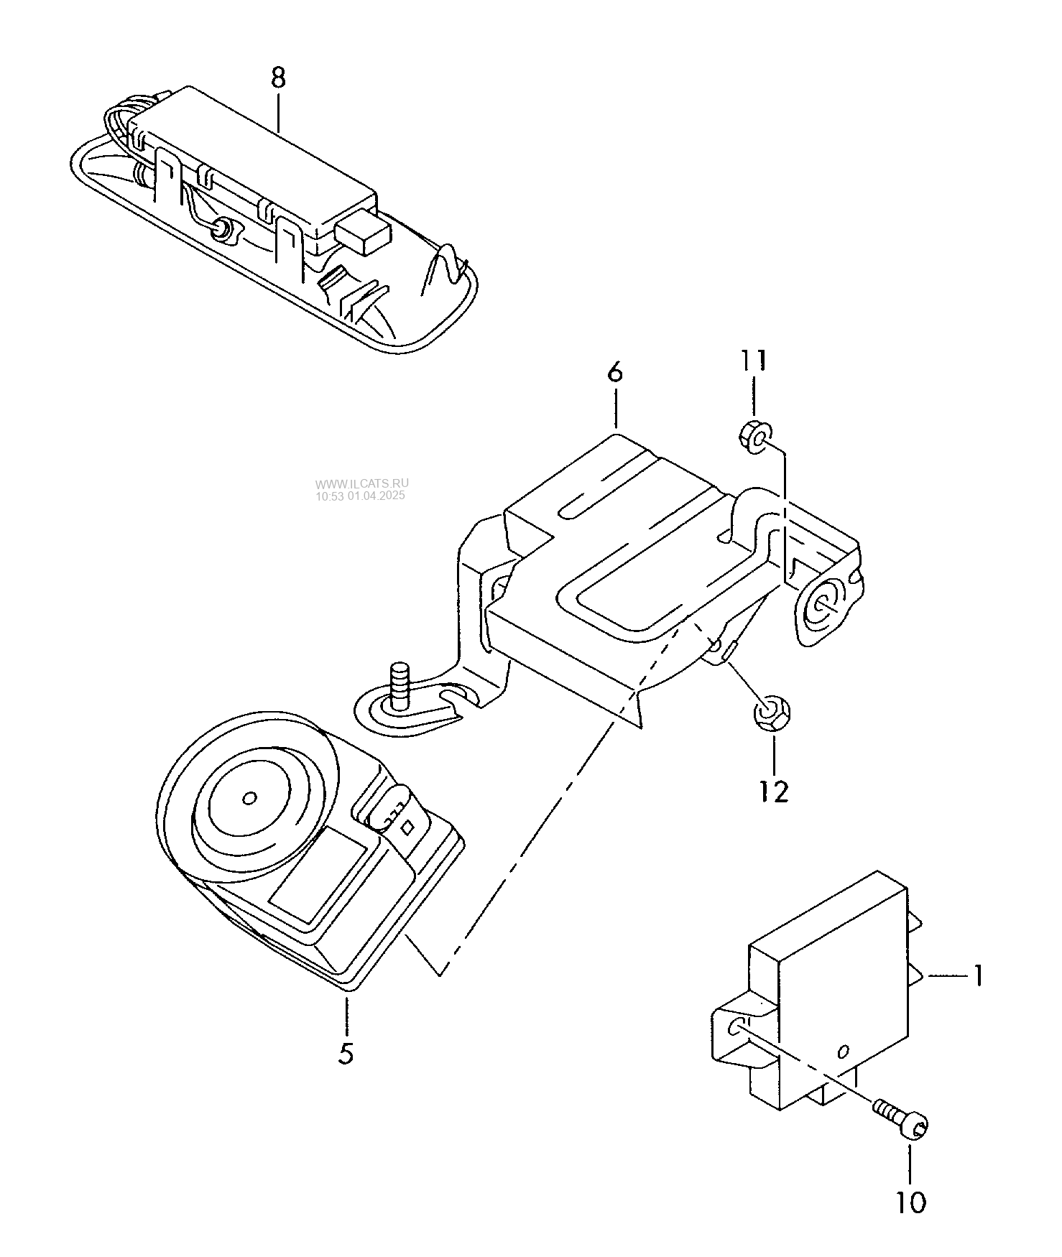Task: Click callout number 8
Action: [x=278, y=78]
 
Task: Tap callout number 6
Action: [x=615, y=373]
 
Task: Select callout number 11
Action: [x=754, y=361]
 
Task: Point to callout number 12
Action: [x=775, y=791]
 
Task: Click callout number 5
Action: [x=346, y=1054]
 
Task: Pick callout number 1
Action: [x=977, y=975]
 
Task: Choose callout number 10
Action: [x=911, y=1202]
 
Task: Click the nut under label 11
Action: [x=754, y=437]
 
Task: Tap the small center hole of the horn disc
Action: [x=250, y=799]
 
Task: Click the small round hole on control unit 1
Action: [x=844, y=1052]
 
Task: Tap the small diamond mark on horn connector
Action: [x=405, y=827]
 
